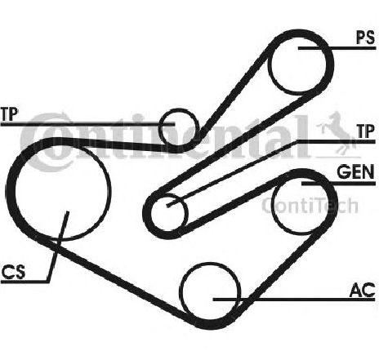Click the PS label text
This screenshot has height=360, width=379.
coord(366,38)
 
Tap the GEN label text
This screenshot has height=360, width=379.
coord(355,172)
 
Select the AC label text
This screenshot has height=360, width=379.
coord(363,290)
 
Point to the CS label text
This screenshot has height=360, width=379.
coord(13,272)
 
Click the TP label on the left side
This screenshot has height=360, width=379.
coord(9,114)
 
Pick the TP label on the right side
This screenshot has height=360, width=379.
coord(366,131)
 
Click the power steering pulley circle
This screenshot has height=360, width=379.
coord(297,65)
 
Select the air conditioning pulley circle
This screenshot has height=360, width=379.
coord(210,291)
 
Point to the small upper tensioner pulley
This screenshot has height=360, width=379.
coord(179,127)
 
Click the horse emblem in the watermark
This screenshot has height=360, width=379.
coord(337,133)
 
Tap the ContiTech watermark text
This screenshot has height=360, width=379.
coord(310,206)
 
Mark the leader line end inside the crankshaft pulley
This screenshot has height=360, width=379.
coord(68,212)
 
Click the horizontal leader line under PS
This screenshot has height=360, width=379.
coord(337,48)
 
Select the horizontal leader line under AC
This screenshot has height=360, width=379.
coord(294,300)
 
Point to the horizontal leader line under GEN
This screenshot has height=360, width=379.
coord(338,184)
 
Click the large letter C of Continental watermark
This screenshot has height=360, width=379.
coord(47,142)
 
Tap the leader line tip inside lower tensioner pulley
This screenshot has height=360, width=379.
coord(168,206)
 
